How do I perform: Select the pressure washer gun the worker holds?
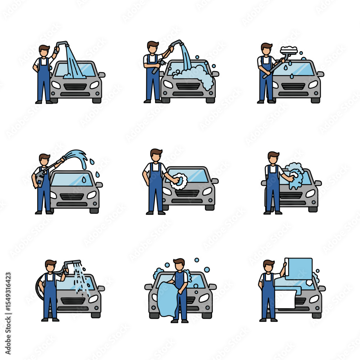click(41, 177)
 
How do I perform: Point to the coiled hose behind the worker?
click(39, 286)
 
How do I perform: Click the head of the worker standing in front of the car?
click(179, 266)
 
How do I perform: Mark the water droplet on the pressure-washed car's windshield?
click(84, 179)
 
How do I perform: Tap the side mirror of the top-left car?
click(102, 75)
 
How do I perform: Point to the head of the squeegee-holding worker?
click(266, 49)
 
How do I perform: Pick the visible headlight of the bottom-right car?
click(314, 299)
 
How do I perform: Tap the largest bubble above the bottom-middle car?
click(207, 270)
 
